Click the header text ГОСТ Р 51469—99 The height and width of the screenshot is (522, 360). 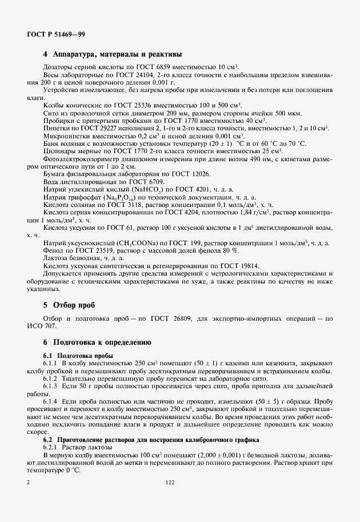click(56, 35)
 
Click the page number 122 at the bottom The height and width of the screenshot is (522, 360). click(170, 483)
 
